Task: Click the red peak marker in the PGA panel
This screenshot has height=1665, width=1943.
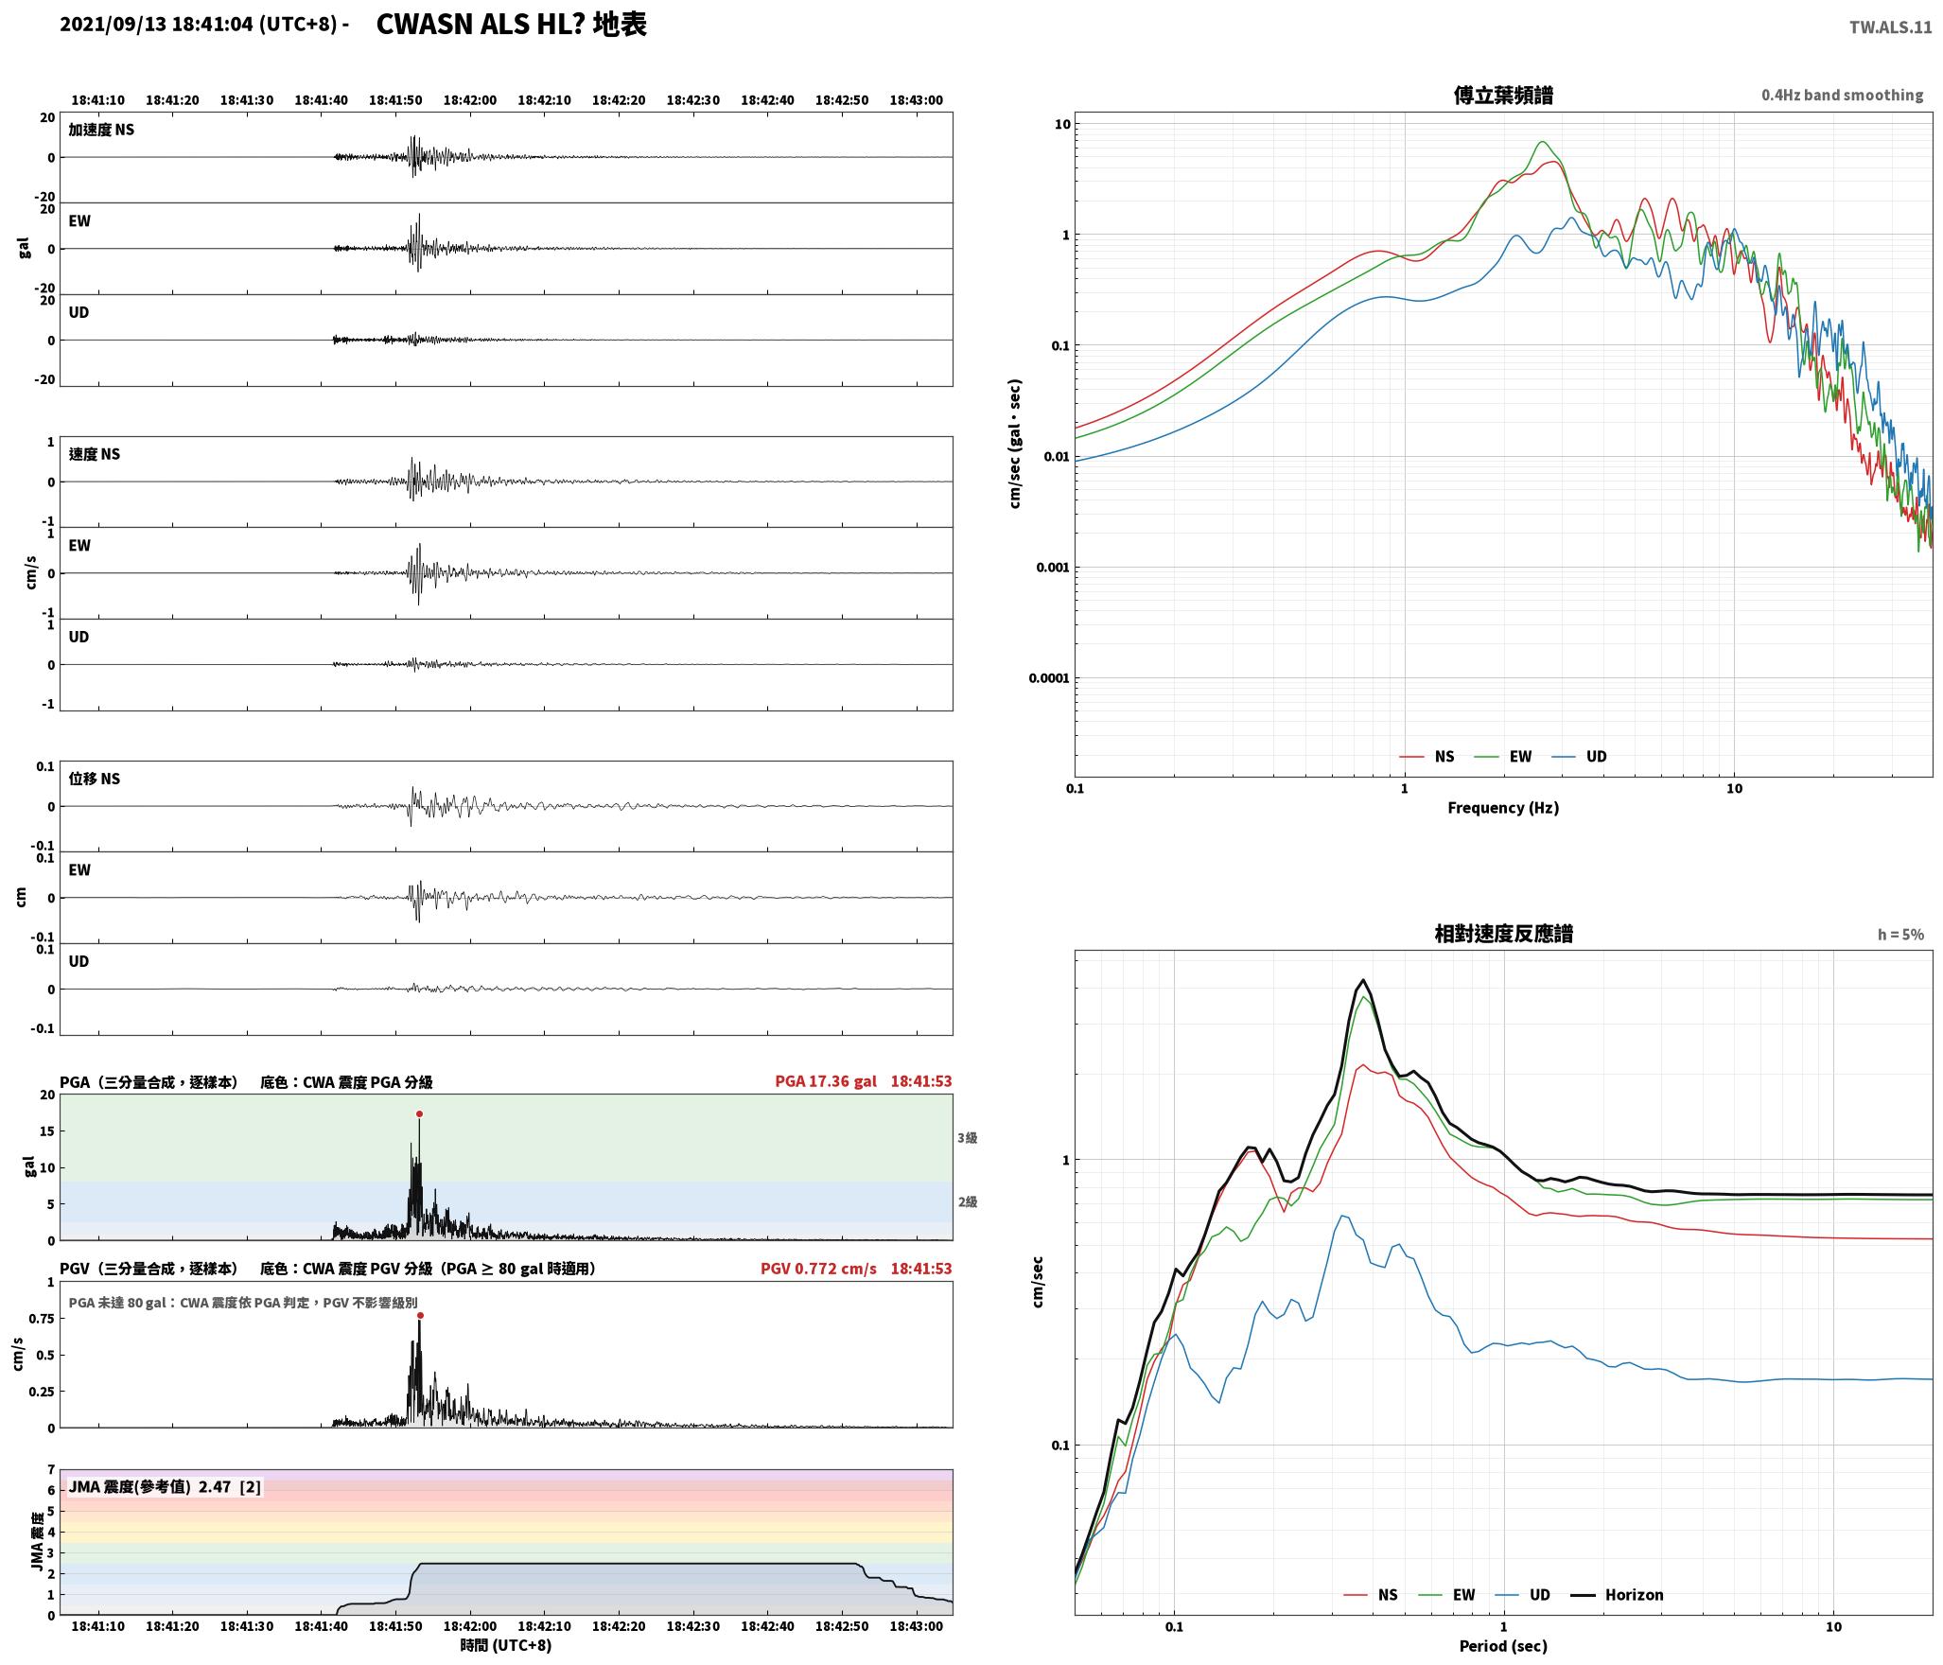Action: pos(419,1114)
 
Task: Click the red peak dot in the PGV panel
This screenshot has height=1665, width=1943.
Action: pos(420,1315)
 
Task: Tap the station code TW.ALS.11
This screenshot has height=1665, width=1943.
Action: pos(1890,27)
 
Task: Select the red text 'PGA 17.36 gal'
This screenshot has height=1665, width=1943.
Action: pos(826,1081)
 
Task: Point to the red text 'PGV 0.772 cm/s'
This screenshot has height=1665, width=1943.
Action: pos(818,1269)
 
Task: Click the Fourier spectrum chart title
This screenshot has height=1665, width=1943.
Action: pos(1503,96)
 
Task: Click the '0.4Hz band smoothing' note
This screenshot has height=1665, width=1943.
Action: pos(1842,96)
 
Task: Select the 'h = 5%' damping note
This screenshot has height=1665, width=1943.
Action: pos(1900,935)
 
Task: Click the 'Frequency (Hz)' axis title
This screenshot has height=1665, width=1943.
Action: pos(1503,808)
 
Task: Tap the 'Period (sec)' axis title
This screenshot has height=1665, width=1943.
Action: pos(1503,1646)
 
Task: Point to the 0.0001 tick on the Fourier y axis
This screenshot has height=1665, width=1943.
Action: pos(1050,678)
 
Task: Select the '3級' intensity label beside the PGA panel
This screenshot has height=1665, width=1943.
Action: pos(967,1138)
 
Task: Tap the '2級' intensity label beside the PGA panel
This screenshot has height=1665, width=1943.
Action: pos(967,1202)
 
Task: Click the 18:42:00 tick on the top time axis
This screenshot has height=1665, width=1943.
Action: pos(470,100)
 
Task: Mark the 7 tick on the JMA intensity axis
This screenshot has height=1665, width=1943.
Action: pos(51,1470)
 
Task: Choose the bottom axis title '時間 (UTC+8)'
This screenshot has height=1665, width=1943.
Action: pos(506,1645)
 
